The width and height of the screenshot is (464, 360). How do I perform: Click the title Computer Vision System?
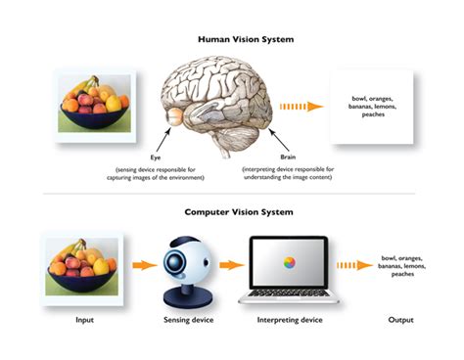pyautogui.click(x=232, y=210)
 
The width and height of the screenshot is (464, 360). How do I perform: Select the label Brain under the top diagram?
pyautogui.click(x=288, y=157)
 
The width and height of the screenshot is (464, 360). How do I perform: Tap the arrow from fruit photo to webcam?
pyautogui.click(x=144, y=264)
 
